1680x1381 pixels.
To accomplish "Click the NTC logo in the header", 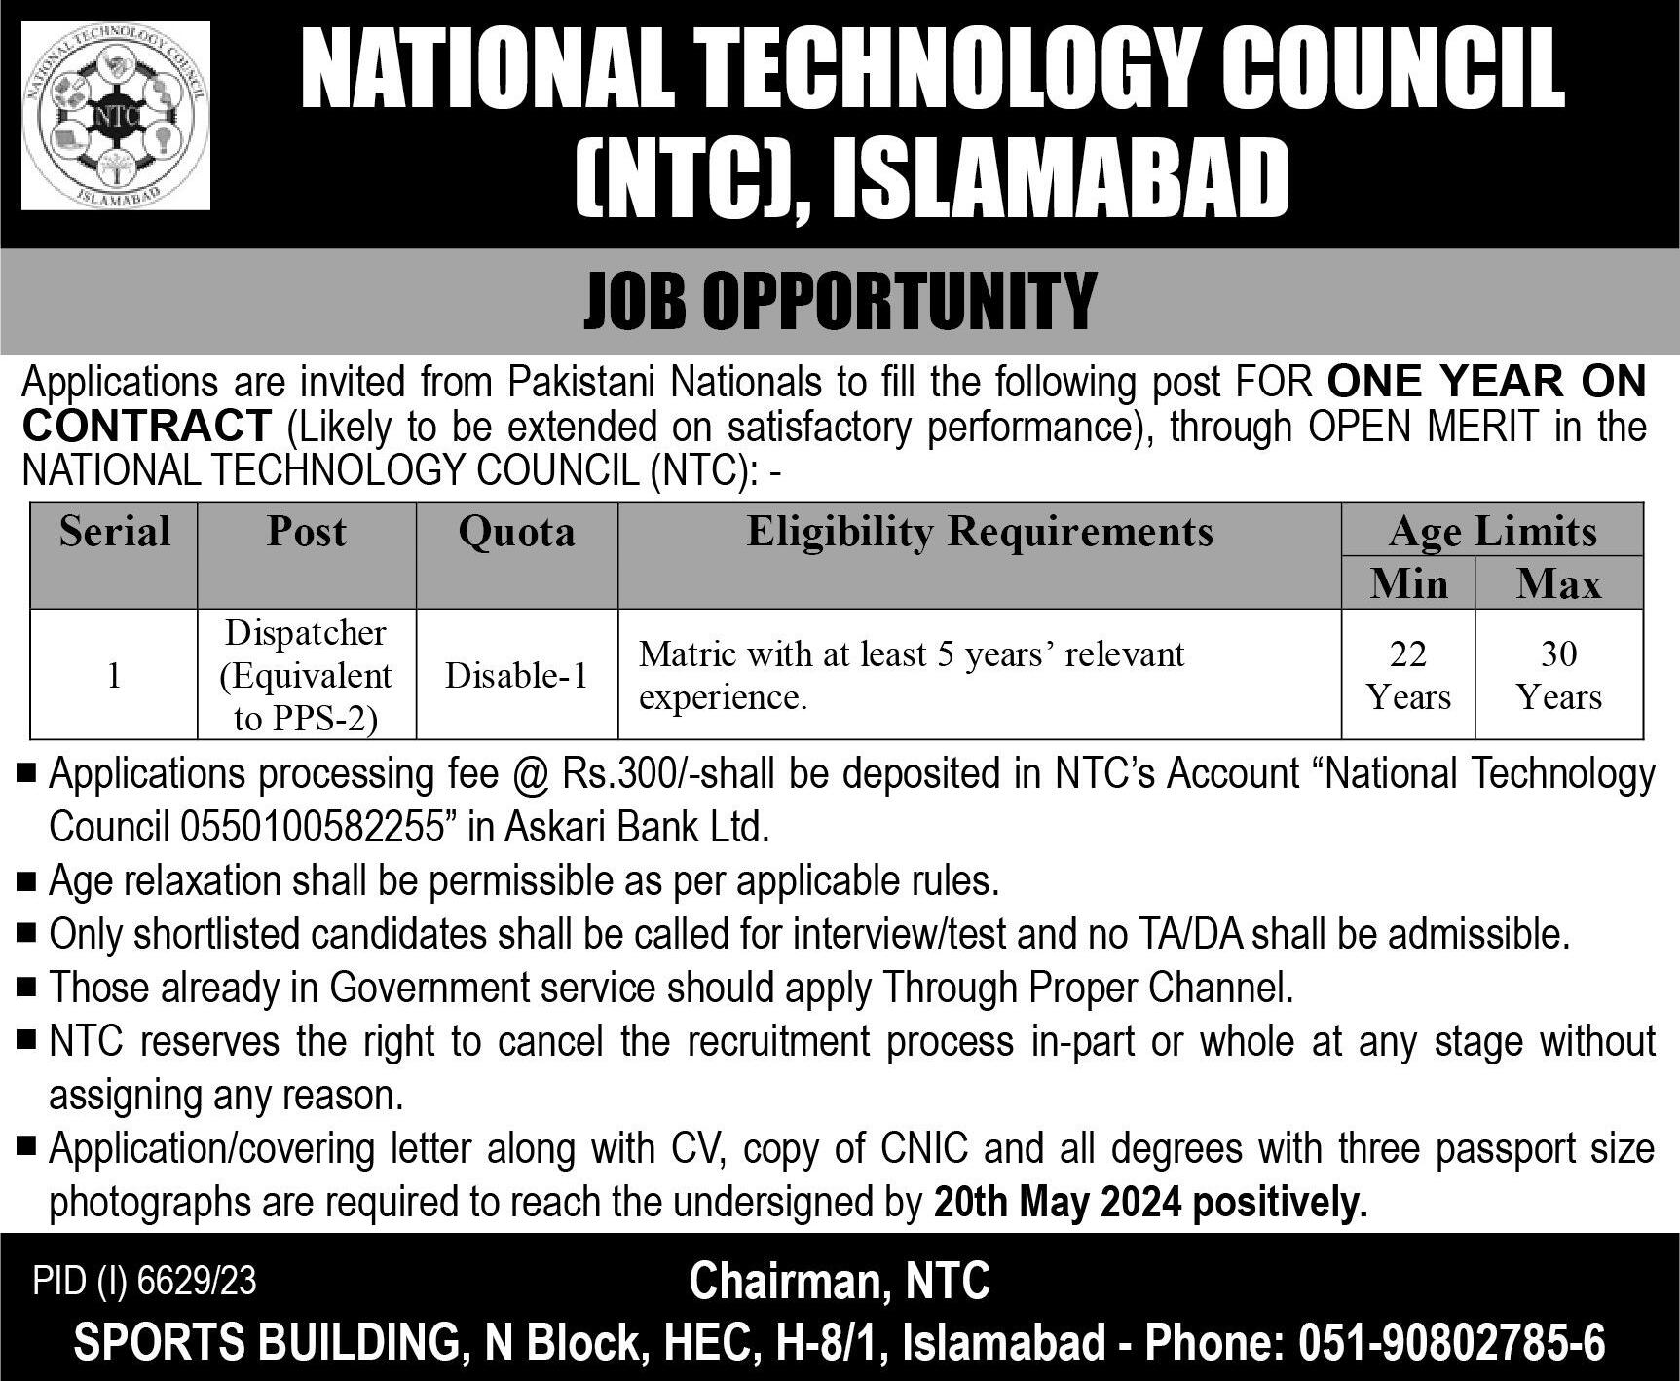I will click(116, 116).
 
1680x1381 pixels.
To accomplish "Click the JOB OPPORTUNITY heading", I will click(840, 302).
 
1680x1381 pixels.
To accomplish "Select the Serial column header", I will click(115, 532).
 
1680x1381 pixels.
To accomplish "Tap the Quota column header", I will click(516, 532).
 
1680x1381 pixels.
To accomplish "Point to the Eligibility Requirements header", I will click(980, 532).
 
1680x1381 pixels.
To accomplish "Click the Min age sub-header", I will click(1408, 583).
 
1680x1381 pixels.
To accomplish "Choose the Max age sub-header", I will click(1558, 583).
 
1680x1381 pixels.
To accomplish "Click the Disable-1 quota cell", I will click(516, 675).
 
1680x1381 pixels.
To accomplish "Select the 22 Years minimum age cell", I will click(1408, 675).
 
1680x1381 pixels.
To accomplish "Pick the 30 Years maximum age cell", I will click(1558, 675).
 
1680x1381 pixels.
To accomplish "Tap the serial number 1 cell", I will click(114, 675).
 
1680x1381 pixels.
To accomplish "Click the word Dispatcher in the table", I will click(306, 633).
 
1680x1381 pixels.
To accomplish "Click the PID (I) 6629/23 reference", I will click(145, 1282).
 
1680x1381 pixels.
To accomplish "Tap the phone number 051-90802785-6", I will click(1452, 1344).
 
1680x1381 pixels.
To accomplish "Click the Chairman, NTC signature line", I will click(840, 1281).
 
